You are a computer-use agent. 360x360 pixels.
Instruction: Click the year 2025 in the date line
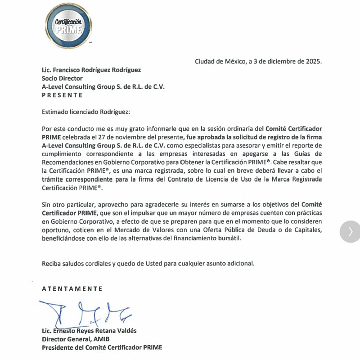pyautogui.click(x=313, y=62)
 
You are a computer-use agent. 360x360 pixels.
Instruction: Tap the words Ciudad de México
pyautogui.click(x=220, y=62)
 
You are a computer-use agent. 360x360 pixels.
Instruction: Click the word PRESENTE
pyautogui.click(x=62, y=95)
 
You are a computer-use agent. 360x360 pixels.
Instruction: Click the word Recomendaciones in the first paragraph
pyautogui.click(x=69, y=162)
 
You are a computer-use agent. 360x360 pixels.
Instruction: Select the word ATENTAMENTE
pyautogui.click(x=72, y=288)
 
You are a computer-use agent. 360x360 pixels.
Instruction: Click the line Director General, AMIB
pyautogui.click(x=76, y=339)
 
